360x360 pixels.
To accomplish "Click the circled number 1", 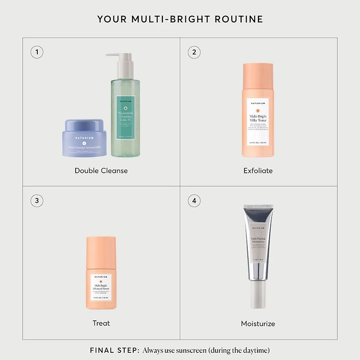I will [x=37, y=52].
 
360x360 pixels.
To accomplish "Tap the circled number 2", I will [x=194, y=52].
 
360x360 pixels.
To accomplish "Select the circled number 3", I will [x=37, y=201].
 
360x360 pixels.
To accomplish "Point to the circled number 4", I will [x=194, y=201].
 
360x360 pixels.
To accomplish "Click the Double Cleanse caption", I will [x=101, y=171].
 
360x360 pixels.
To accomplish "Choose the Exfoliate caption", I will [x=258, y=171].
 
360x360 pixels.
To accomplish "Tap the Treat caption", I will [x=101, y=323].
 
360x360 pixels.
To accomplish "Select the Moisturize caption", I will [x=258, y=324].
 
